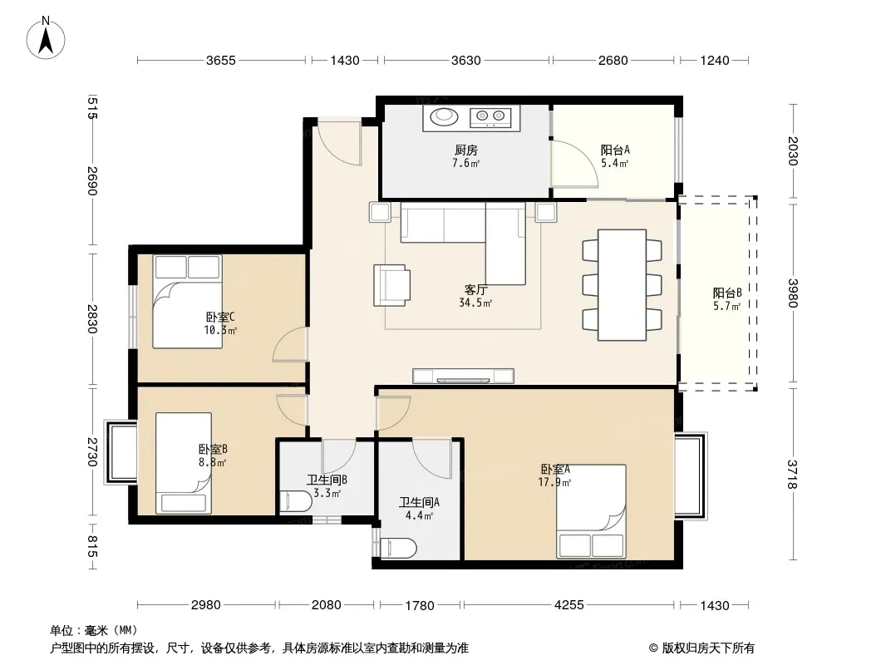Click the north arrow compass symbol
point(46,37)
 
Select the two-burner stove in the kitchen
point(490,116)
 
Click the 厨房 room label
point(466,150)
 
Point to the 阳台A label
point(615,150)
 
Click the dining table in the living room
point(623,285)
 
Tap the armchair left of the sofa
point(391,285)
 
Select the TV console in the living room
point(463,376)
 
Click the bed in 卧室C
point(187,301)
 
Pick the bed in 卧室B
point(184,463)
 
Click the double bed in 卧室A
point(591,511)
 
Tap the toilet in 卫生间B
point(296,501)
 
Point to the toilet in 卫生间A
point(399,548)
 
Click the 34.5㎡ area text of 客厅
point(475,303)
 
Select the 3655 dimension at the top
point(220,61)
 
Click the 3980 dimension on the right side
point(793,293)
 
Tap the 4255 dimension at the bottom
point(569,605)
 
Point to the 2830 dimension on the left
point(92,319)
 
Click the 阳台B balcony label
point(726,293)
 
